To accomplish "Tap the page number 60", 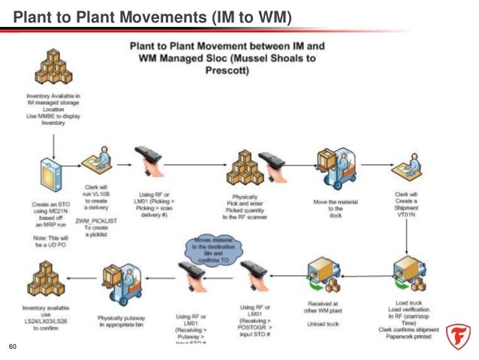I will coord(11,346).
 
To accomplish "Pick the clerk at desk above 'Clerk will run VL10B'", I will coord(100,159).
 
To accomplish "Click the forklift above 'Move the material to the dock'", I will coord(331,165).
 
